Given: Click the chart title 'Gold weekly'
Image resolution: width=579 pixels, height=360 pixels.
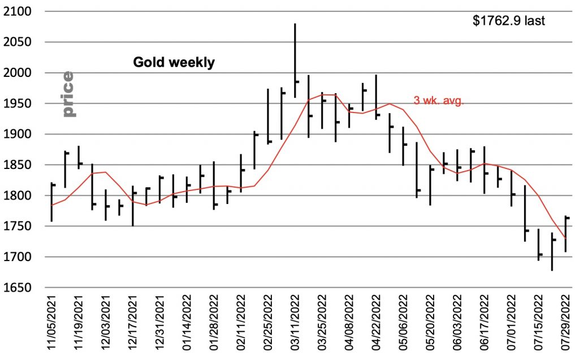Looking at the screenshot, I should (x=174, y=62).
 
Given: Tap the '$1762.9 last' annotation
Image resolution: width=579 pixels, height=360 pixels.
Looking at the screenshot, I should (x=508, y=21).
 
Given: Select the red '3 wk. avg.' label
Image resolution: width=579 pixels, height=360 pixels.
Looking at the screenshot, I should (x=439, y=101).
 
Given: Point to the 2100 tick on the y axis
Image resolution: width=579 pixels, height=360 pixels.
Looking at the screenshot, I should (x=19, y=12).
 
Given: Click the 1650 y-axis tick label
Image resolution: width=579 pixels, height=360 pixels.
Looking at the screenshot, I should (x=19, y=288).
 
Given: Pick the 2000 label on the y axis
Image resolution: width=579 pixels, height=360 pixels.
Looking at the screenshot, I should (x=19, y=73).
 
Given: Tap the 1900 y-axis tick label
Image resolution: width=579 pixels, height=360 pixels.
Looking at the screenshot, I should (x=19, y=135).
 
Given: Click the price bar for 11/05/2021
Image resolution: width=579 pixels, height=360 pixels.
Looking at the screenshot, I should (x=51, y=202).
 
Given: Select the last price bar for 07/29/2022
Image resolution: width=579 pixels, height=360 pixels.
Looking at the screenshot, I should (x=565, y=233).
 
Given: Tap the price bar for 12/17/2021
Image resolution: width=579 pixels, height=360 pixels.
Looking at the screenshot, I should (x=132, y=206).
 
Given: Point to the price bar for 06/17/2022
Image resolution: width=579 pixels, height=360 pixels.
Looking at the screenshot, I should (x=484, y=170).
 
